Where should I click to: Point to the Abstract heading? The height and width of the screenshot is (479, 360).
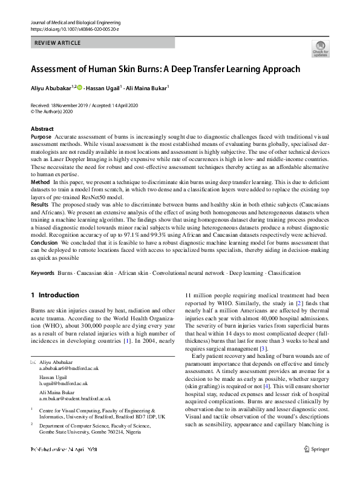(42, 129)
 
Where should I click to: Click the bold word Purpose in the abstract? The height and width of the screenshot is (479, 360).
(41, 137)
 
